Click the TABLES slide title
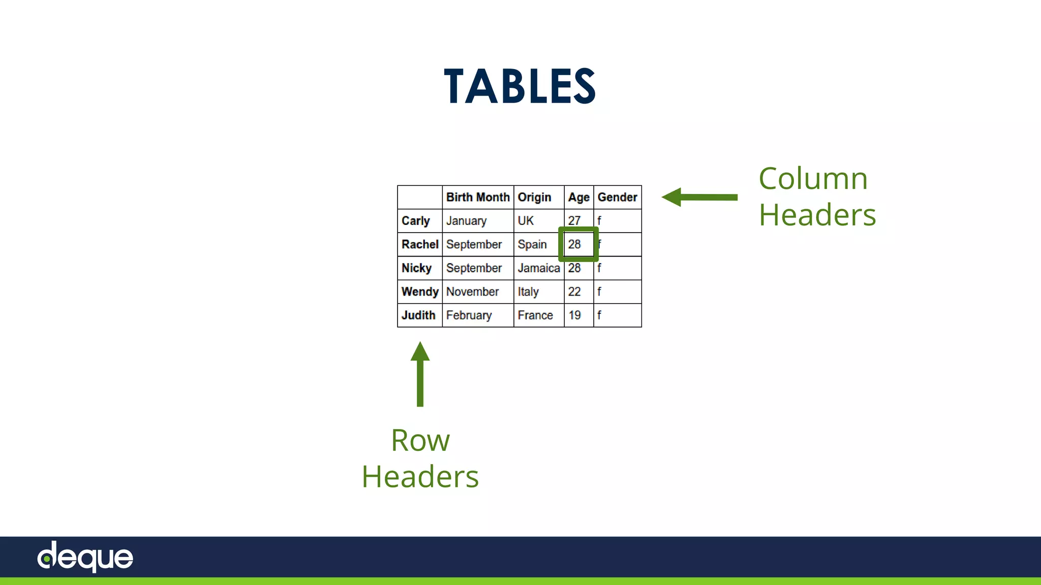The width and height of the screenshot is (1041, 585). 519,86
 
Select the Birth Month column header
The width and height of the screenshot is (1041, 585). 478,197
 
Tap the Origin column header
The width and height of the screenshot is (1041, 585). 534,197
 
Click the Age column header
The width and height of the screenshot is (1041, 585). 578,197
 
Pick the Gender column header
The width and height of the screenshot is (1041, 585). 617,197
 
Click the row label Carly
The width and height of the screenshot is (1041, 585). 415,221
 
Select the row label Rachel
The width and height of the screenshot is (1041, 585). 420,244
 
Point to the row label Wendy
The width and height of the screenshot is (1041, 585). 420,291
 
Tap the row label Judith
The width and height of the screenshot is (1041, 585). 418,315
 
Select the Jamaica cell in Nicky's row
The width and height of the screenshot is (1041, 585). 538,268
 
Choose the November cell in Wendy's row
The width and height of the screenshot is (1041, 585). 472,291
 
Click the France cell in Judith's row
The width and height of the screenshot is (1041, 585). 535,315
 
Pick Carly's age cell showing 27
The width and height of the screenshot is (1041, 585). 574,221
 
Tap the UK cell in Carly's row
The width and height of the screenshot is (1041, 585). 526,221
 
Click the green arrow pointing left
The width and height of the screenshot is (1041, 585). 699,197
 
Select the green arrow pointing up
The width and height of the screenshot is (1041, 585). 420,374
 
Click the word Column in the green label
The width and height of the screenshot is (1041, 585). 813,179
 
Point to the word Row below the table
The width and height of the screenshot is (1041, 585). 420,440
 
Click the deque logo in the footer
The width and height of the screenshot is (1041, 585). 85,557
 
